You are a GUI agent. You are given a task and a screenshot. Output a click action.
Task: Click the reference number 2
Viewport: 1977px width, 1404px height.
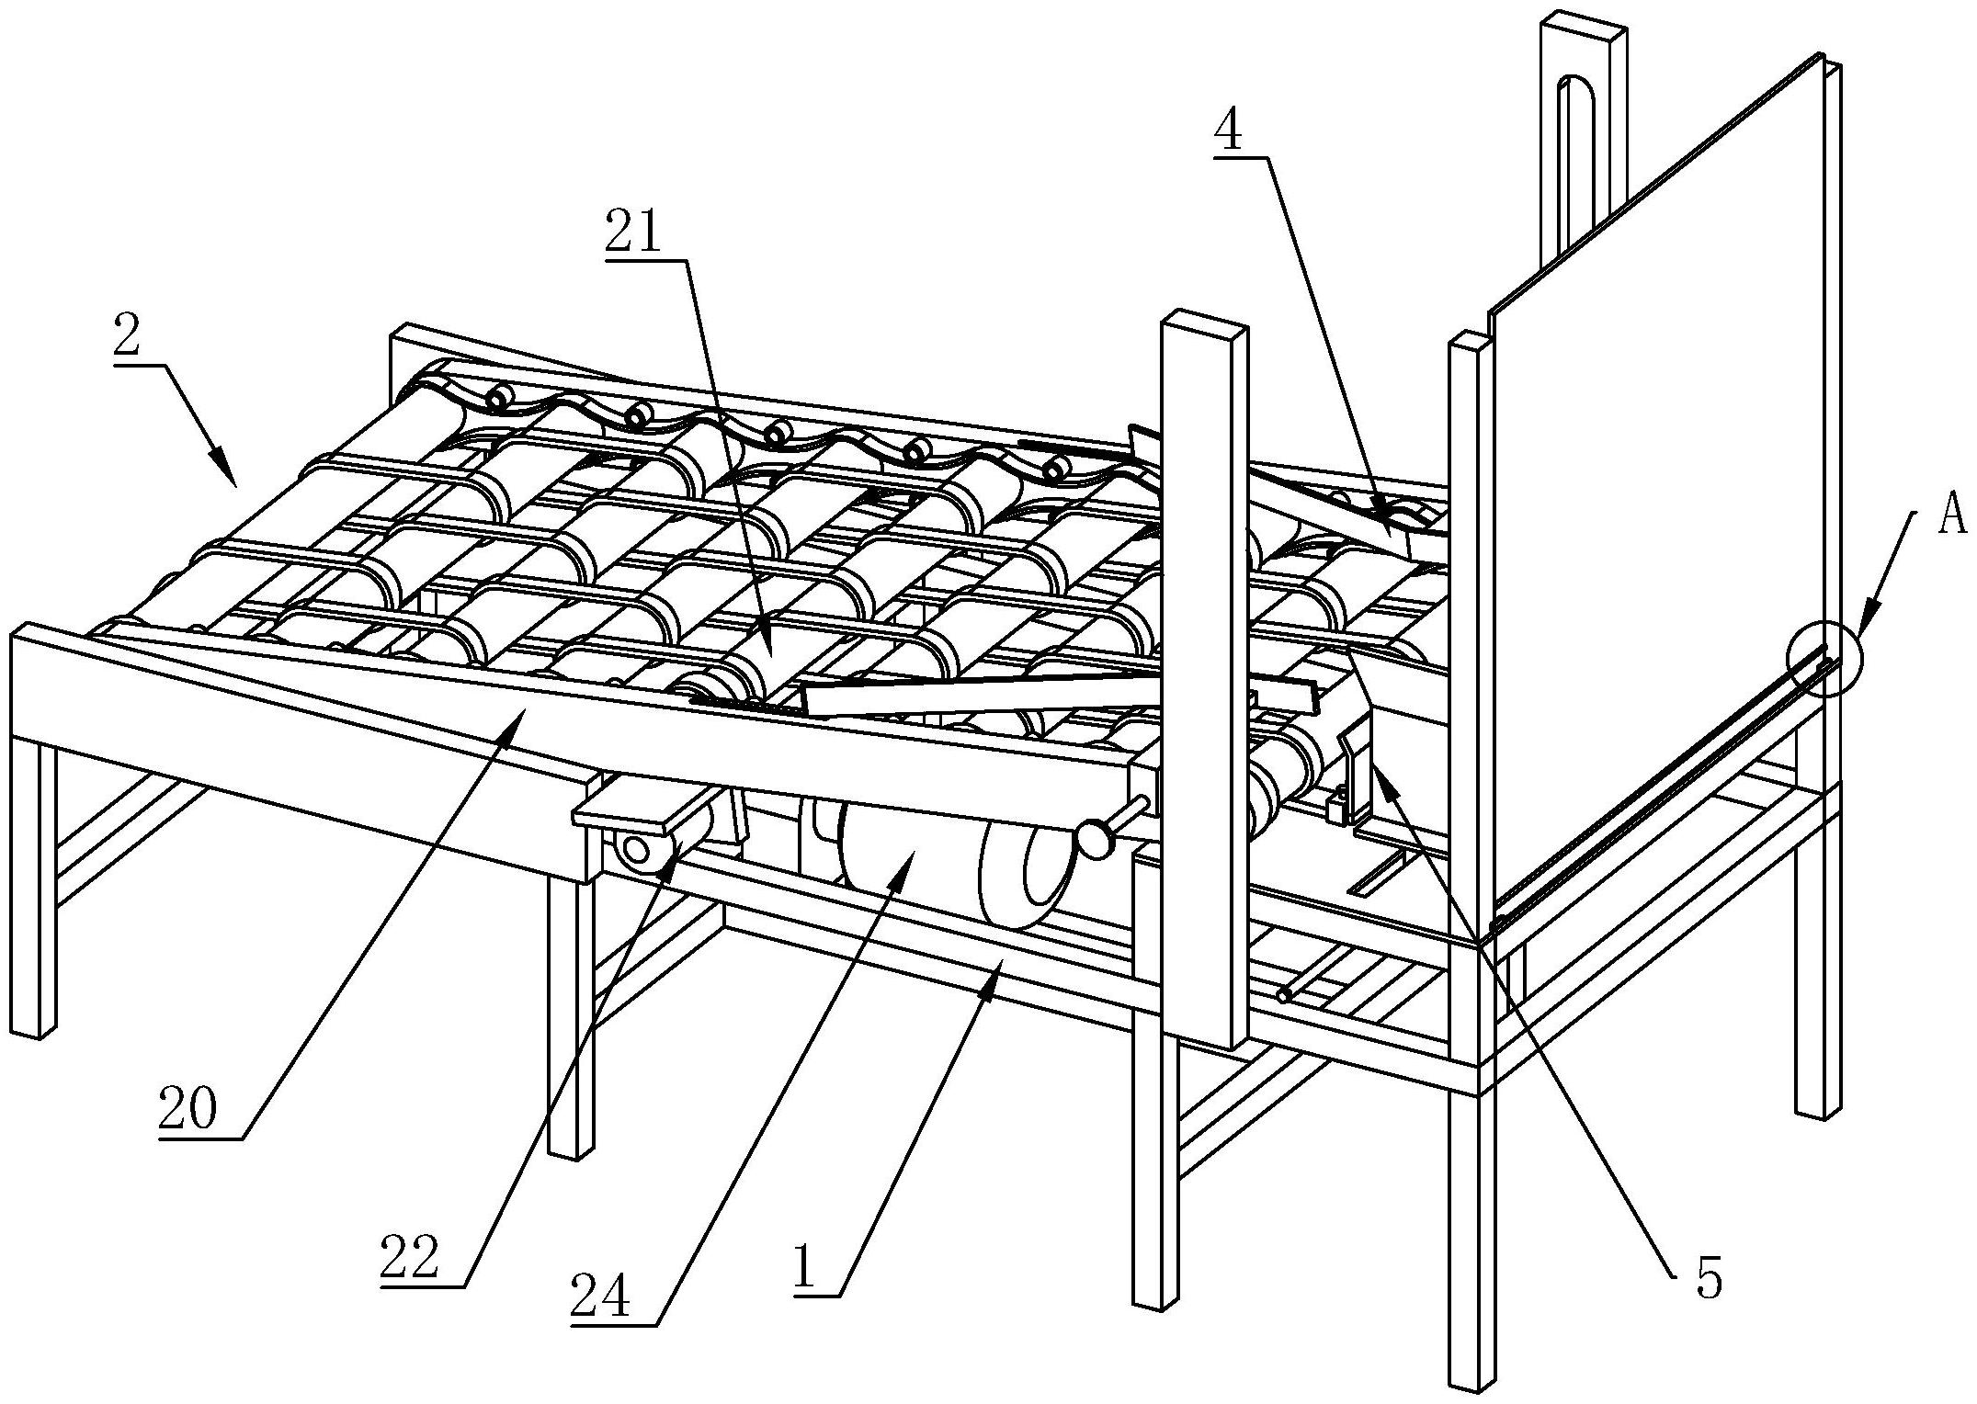click(127, 337)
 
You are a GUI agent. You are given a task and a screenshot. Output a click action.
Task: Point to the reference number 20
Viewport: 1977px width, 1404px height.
click(187, 1110)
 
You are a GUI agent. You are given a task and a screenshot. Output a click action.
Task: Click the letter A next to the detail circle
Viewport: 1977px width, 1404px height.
click(1950, 516)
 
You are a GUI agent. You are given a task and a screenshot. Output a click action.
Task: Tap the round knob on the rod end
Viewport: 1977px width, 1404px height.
click(1094, 841)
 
